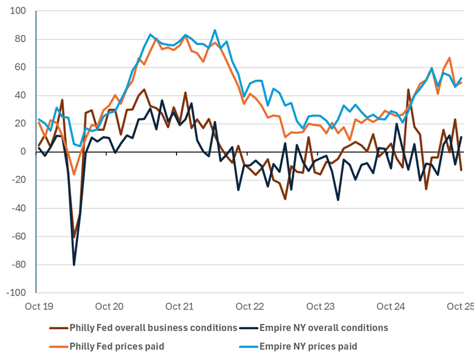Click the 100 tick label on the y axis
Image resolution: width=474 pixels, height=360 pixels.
(x=18, y=11)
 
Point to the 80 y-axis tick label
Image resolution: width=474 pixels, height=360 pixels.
(x=20, y=39)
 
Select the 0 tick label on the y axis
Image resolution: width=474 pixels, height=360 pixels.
(x=23, y=152)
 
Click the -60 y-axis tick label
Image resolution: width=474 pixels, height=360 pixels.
(x=18, y=236)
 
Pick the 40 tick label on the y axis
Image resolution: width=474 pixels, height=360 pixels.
(x=20, y=95)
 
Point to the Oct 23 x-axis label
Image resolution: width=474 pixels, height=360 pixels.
(x=321, y=307)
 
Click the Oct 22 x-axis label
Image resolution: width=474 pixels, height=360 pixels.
(x=249, y=307)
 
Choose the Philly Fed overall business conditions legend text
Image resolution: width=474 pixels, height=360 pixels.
(x=153, y=327)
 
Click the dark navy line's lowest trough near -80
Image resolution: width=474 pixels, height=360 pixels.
(x=74, y=265)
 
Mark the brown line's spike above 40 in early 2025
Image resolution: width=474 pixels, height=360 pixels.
(x=408, y=89)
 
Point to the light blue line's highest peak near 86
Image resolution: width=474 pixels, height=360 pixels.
(x=215, y=30)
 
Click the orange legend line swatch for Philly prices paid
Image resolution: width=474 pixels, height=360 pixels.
(x=57, y=345)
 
